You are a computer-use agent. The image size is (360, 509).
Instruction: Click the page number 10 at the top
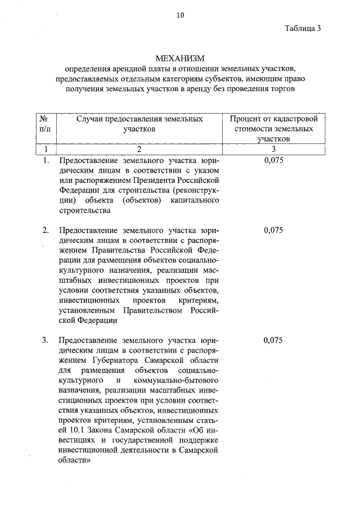[x=180, y=15]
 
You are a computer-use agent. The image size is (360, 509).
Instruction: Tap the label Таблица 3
[x=303, y=30]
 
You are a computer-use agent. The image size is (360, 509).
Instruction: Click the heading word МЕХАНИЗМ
[x=179, y=58]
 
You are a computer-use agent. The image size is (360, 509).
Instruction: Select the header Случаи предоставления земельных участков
[x=139, y=124]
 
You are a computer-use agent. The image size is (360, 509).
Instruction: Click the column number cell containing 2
[x=139, y=148]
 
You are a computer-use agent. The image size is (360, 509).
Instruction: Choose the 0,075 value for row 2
[x=273, y=230]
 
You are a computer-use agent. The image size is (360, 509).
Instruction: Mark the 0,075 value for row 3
[x=273, y=341]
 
